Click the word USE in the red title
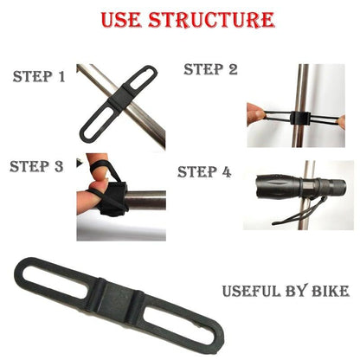[121, 20]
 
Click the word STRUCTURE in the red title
[211, 20]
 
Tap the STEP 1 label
[39, 77]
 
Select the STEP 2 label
[210, 69]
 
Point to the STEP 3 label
[36, 166]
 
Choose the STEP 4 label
[204, 172]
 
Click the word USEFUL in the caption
[252, 291]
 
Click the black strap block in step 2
[300, 118]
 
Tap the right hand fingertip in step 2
[342, 122]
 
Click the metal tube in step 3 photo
[145, 200]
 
